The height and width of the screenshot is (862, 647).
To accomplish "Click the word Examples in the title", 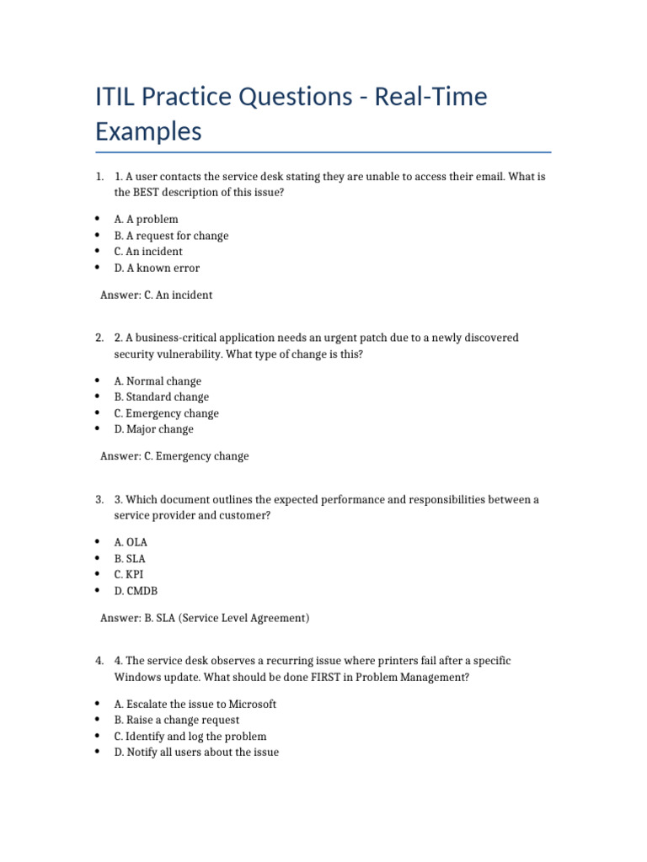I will (x=148, y=132).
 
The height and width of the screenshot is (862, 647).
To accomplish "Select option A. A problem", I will (x=146, y=219).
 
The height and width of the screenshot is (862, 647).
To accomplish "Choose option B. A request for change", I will (x=171, y=236).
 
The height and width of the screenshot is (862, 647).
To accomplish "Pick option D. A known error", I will (x=157, y=268).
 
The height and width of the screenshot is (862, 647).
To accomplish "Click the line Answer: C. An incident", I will (x=156, y=295).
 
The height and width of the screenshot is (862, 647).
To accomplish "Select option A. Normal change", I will (x=158, y=381).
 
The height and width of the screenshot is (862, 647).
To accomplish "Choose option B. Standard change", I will (x=161, y=396).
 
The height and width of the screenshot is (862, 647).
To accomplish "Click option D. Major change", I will (x=153, y=429).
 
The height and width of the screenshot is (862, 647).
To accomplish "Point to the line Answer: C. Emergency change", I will (x=174, y=456).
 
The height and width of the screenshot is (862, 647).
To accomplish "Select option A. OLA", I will (x=131, y=542).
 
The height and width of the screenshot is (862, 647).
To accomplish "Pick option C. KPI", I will (x=129, y=574).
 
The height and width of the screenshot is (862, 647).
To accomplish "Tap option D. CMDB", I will (x=136, y=591).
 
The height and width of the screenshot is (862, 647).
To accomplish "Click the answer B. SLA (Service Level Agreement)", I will (x=205, y=618).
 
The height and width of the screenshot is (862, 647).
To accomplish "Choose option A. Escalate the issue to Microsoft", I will (x=195, y=704).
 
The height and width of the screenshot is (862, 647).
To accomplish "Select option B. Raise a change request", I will (x=176, y=720).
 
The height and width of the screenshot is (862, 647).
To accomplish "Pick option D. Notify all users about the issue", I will (x=196, y=752).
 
